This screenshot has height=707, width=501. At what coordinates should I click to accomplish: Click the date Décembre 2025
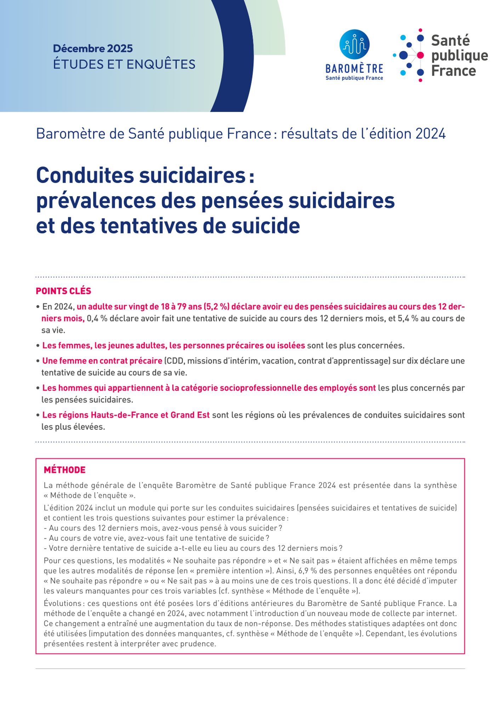coord(93,48)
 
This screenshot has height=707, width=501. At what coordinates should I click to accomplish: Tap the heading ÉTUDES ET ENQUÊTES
coord(124,64)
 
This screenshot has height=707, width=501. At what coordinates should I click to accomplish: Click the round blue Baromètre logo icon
coord(354,45)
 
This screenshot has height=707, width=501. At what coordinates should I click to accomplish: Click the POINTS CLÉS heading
coord(63,291)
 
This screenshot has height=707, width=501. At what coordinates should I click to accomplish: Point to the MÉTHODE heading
coord(64,470)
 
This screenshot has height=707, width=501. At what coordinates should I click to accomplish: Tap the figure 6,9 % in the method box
coord(309,571)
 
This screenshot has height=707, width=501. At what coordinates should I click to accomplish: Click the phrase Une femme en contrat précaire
coord(102,361)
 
